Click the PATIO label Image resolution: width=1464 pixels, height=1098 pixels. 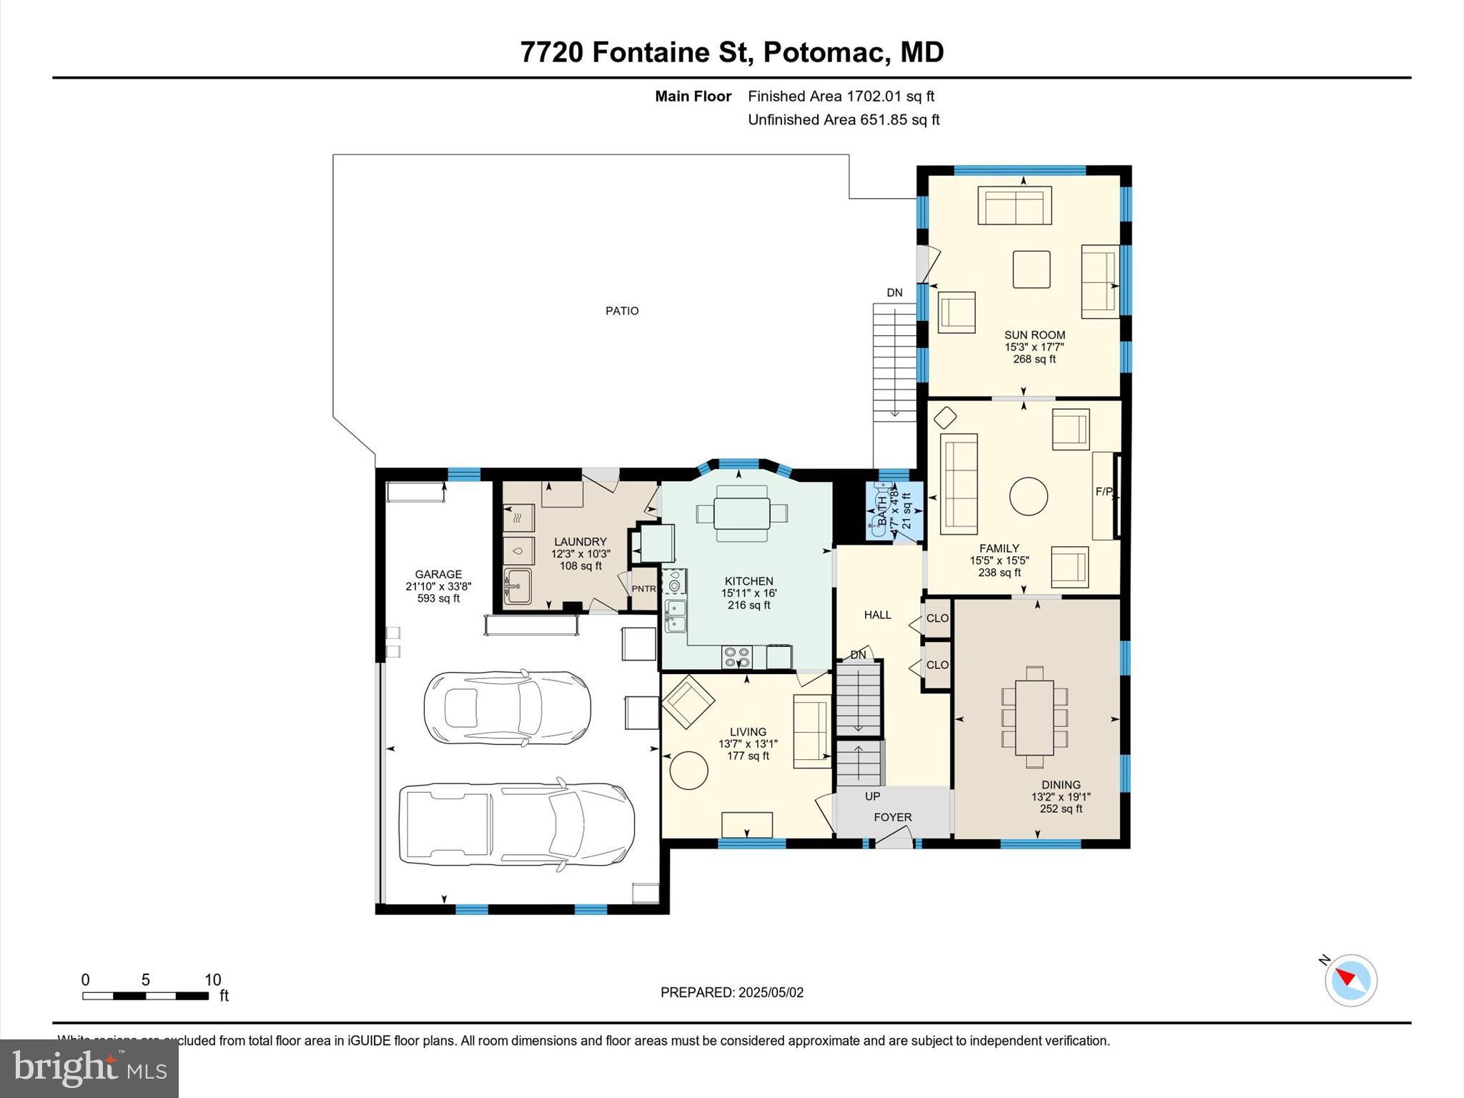pyautogui.click(x=622, y=311)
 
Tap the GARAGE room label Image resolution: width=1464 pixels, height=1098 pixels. pyautogui.click(x=438, y=575)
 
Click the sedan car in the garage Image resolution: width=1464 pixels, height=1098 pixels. pyautogui.click(x=508, y=708)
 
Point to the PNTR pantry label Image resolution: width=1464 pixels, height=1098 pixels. pyautogui.click(x=643, y=589)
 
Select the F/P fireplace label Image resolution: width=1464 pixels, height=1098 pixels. pyautogui.click(x=1104, y=492)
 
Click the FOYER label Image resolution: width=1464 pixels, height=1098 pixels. pyautogui.click(x=893, y=817)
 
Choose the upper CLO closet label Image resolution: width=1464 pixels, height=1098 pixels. pyautogui.click(x=937, y=618)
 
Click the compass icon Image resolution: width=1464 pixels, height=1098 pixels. pyautogui.click(x=1350, y=980)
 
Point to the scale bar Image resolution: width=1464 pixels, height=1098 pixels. pyautogui.click(x=145, y=996)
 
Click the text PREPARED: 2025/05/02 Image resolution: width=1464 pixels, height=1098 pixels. pyautogui.click(x=731, y=992)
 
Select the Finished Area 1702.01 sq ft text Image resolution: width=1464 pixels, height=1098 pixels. pyautogui.click(x=841, y=97)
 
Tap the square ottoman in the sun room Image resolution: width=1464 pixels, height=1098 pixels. pyautogui.click(x=1031, y=269)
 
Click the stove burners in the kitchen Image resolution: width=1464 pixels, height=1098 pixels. pyautogui.click(x=736, y=656)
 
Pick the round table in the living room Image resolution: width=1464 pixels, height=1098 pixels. pyautogui.click(x=688, y=771)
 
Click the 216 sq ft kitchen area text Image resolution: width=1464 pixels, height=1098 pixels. pyautogui.click(x=748, y=605)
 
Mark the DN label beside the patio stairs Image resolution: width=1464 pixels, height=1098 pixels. pyautogui.click(x=894, y=292)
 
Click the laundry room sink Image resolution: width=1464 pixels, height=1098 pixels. pyautogui.click(x=517, y=587)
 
